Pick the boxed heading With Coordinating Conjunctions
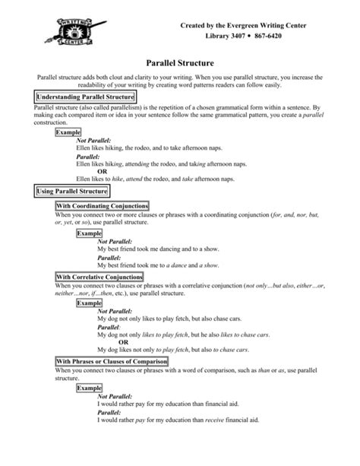pyautogui.click(x=102, y=206)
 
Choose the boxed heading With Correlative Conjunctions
pyautogui.click(x=99, y=277)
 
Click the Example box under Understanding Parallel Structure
pyautogui.click(x=69, y=132)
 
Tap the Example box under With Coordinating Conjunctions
pyautogui.click(x=89, y=233)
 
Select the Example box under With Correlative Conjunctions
pyautogui.click(x=89, y=303)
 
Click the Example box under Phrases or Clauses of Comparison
pyautogui.click(x=89, y=387)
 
